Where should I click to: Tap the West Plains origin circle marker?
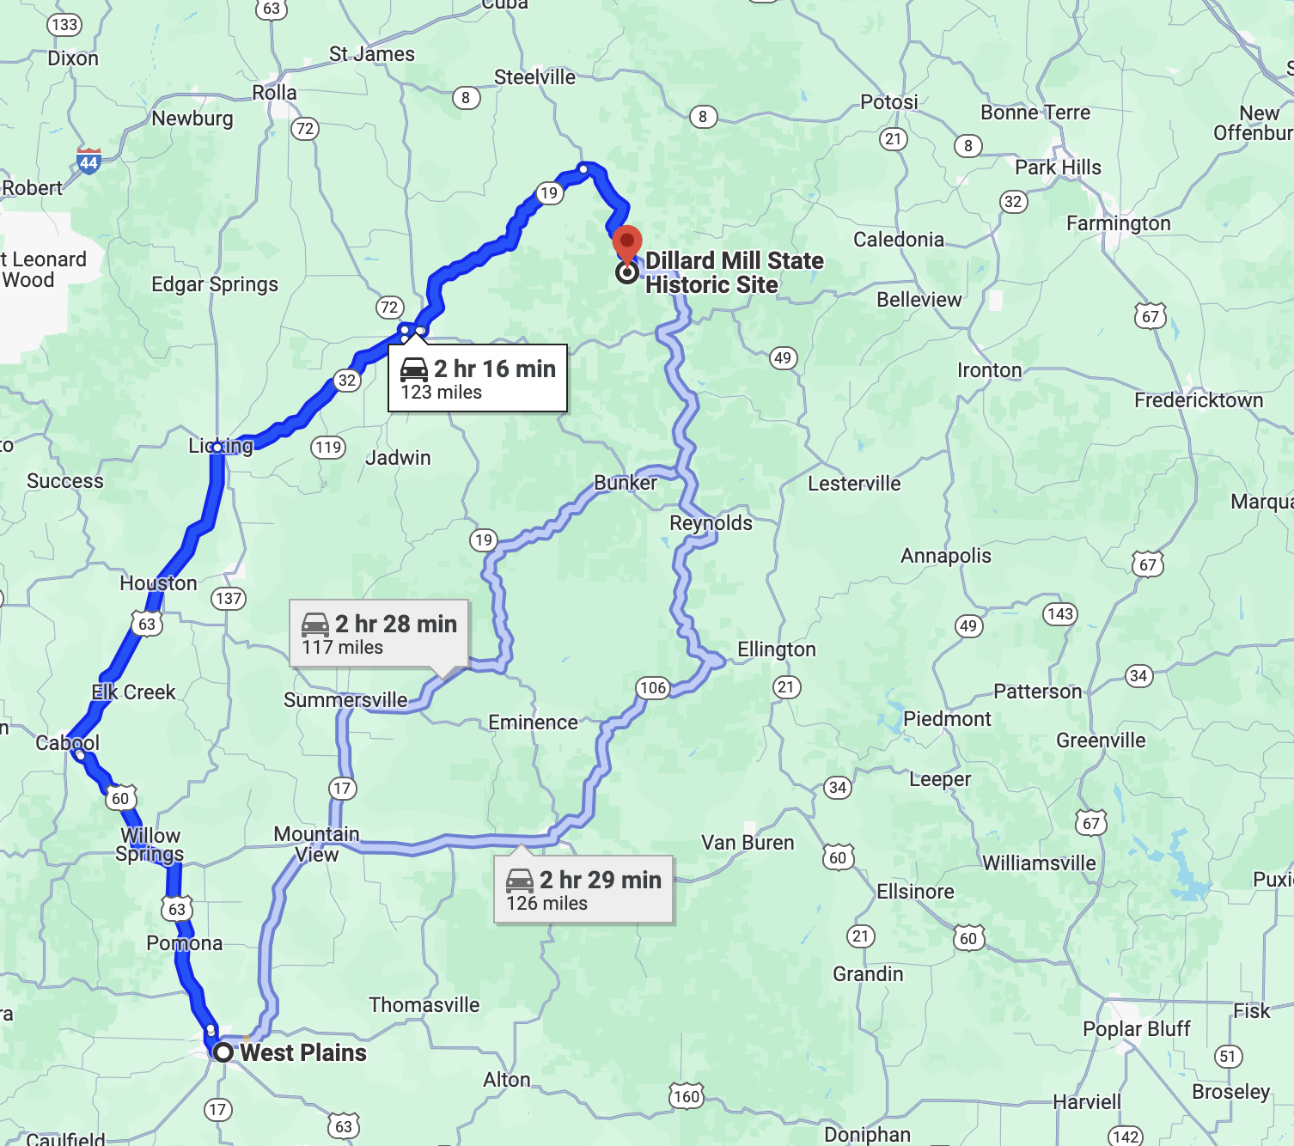tap(223, 1052)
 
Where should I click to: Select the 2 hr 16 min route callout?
tap(478, 378)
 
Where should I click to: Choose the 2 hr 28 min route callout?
tap(379, 633)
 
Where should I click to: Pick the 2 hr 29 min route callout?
tap(583, 889)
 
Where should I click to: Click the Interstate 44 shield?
tap(89, 161)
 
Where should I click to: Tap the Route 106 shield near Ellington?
tap(653, 687)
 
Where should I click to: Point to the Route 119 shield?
tap(328, 447)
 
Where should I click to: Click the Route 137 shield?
tap(229, 598)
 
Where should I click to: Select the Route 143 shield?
tap(1060, 613)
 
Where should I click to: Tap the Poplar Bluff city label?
tap(1136, 1028)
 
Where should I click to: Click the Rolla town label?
tap(274, 93)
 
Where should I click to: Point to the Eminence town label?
tap(533, 722)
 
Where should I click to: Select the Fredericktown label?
tap(1199, 400)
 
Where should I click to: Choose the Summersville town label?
tap(345, 700)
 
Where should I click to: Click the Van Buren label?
tap(748, 843)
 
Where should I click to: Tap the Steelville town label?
tap(534, 77)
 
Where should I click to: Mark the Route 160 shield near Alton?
tap(687, 1096)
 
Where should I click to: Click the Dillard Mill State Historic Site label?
tap(734, 272)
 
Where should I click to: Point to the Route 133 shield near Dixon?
tap(64, 24)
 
